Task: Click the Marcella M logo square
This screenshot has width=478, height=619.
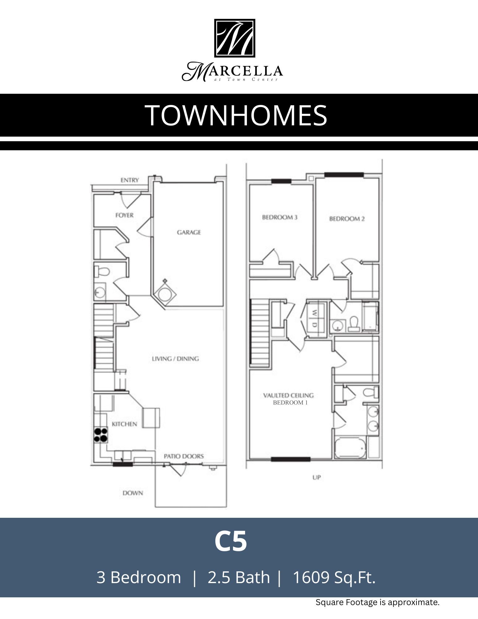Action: pos(235,38)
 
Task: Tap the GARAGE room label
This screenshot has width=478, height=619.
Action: pos(189,232)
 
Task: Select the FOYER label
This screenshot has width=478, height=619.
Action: pos(124,215)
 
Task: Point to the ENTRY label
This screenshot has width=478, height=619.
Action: pos(130,180)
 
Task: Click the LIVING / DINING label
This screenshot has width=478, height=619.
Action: pos(175,359)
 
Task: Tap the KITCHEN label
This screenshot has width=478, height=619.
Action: pos(124,424)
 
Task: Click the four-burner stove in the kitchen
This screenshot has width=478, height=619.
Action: pos(101,435)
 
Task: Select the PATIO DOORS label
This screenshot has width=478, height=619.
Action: pos(184,456)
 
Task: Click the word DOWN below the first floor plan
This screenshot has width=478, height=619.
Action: pos(133,493)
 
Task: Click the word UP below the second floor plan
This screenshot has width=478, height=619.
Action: pos(317,478)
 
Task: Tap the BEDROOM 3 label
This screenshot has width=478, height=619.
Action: pos(280,217)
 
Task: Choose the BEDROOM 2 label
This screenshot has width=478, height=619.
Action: pos(347,219)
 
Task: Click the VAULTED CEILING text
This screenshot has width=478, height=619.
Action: pos(288,395)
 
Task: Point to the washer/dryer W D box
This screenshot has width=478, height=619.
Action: pos(315,319)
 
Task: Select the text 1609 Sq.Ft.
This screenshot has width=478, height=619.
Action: pos(334,577)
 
